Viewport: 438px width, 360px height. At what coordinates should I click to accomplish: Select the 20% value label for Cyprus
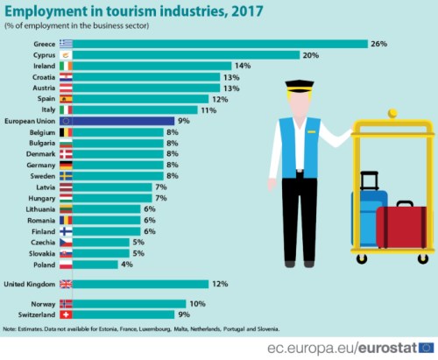[x=311, y=54]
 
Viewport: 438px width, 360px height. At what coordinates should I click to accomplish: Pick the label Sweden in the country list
[x=43, y=175]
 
